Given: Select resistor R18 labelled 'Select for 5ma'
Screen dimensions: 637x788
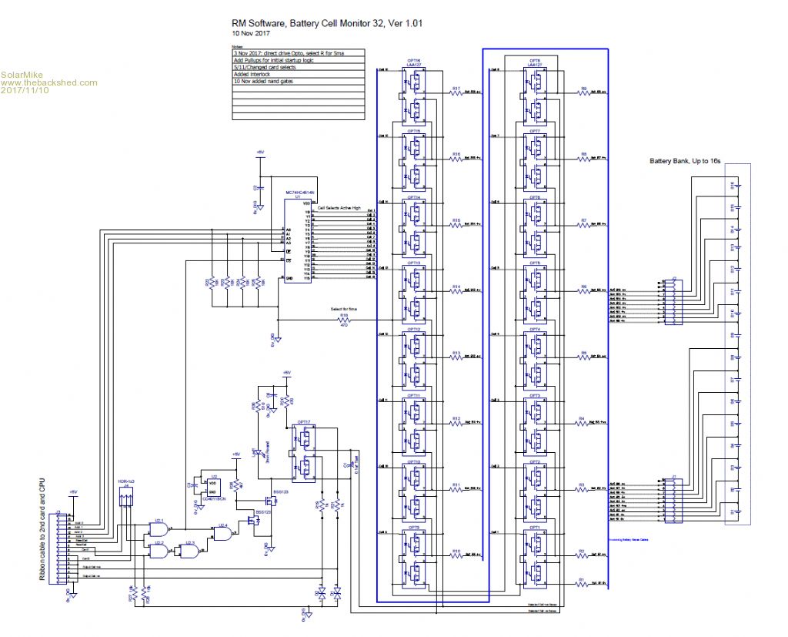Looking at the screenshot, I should pyautogui.click(x=344, y=319).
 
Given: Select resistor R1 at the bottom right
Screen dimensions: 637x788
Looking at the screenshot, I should pyautogui.click(x=583, y=585).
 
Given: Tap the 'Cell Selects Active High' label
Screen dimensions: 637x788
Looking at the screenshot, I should pyautogui.click(x=339, y=208).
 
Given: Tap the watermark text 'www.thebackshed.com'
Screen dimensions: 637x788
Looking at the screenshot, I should pyautogui.click(x=49, y=82).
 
